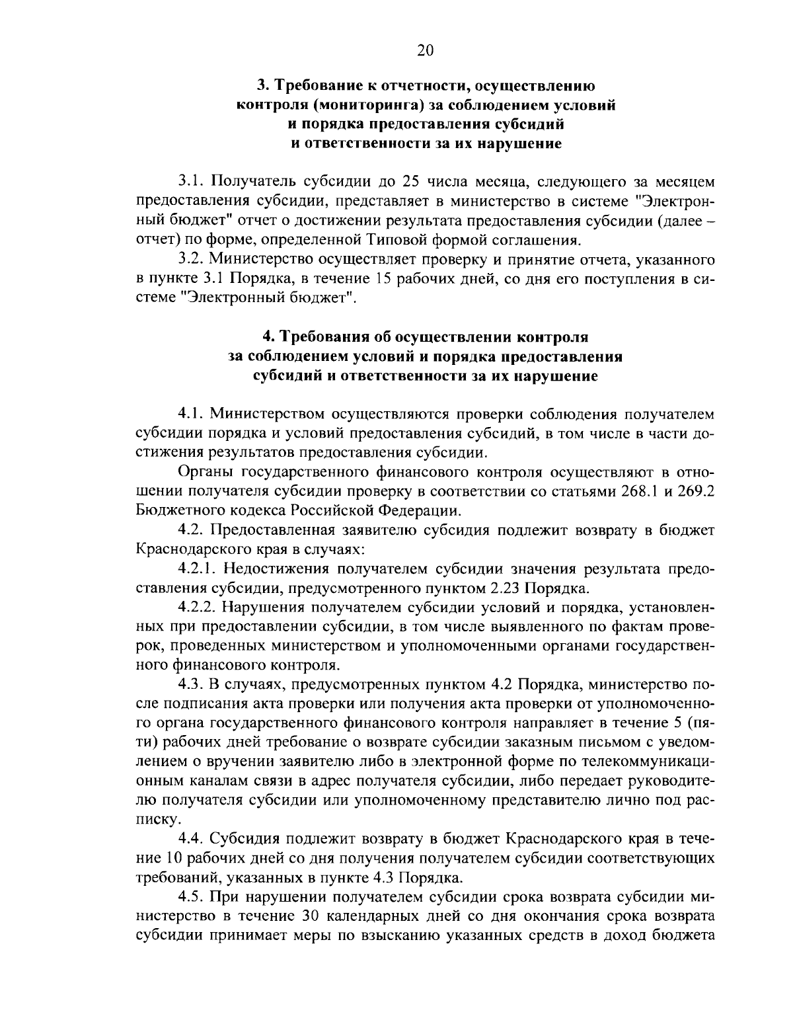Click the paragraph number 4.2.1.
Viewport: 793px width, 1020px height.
[x=198, y=570]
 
